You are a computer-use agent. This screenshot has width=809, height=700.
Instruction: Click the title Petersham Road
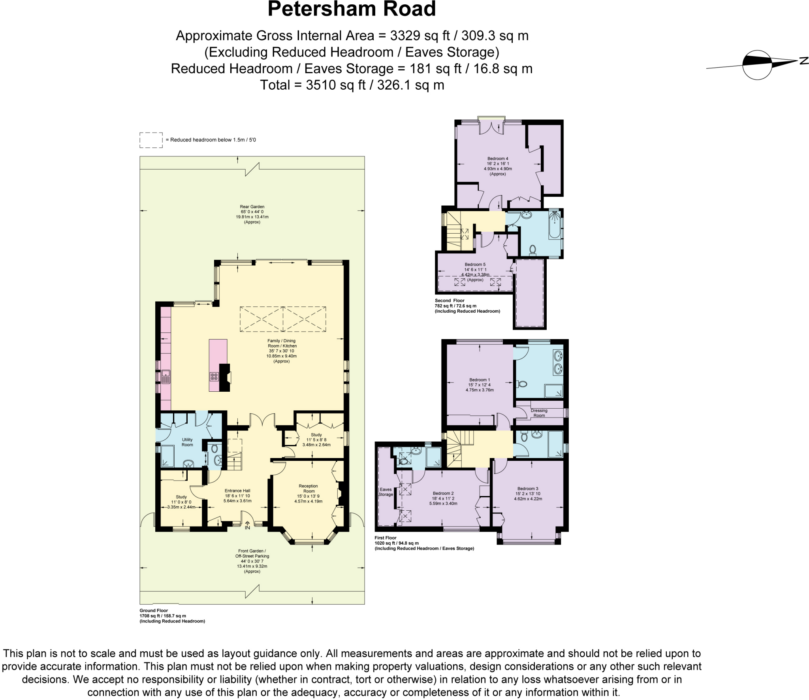pos(352,9)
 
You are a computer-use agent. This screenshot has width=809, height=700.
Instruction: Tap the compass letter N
pos(804,61)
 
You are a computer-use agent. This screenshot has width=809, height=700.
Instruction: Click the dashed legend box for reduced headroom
pos(151,140)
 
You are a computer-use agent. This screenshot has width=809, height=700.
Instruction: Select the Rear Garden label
pos(252,207)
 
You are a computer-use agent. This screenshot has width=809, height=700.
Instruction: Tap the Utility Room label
pos(187,442)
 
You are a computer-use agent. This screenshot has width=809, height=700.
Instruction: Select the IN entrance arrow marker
pos(247,526)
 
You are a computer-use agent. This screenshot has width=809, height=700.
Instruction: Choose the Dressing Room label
pos(539,413)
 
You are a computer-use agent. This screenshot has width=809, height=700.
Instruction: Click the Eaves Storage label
pos(386,492)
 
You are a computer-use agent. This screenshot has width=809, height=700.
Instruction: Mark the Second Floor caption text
pos(450,300)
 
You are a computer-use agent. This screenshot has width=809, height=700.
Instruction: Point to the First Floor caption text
pos(385,538)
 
